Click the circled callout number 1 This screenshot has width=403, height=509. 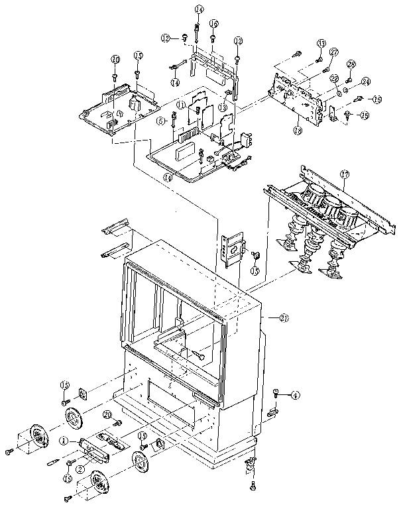[x=64, y=439]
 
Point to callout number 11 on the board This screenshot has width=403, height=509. [x=180, y=105]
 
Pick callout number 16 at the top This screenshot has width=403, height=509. [x=213, y=23]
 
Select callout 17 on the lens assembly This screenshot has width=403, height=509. [x=344, y=174]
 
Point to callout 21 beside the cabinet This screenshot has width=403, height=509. [x=284, y=318]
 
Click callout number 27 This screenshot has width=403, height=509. [x=334, y=52]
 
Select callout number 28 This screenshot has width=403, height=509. [x=352, y=64]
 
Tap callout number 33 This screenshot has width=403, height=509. [x=321, y=43]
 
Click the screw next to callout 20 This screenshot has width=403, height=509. [x=119, y=422]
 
